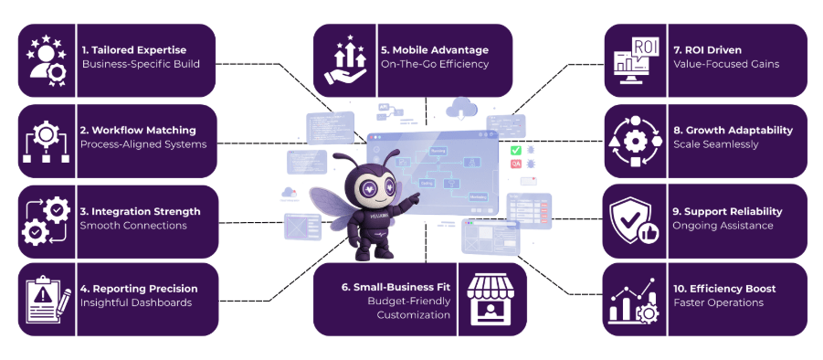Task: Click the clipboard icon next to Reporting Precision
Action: click(46, 299)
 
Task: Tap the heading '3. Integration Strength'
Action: click(140, 211)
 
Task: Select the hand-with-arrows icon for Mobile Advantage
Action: click(345, 57)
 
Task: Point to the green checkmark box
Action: click(516, 150)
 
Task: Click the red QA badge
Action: click(516, 164)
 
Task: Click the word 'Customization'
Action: click(414, 314)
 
